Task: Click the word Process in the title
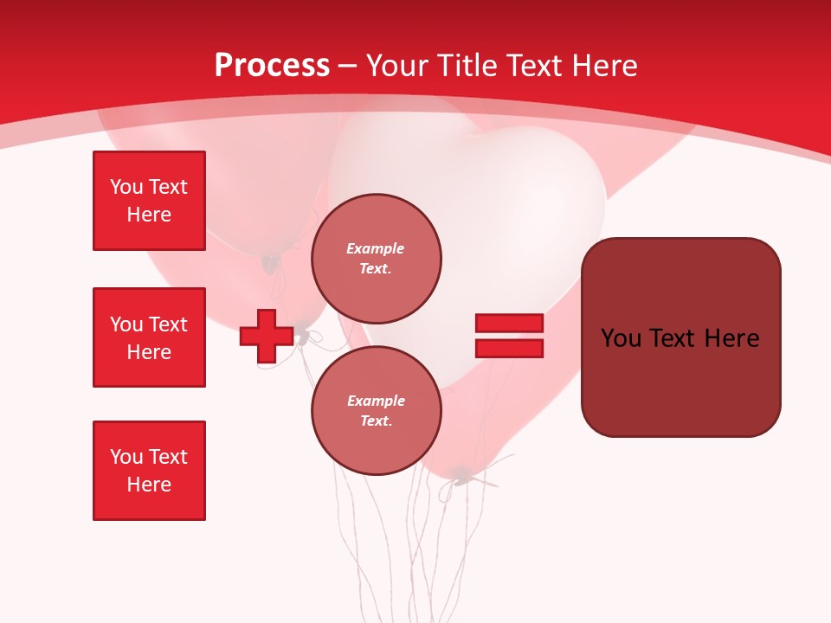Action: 272,66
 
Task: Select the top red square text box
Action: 149,201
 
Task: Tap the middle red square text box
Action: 149,337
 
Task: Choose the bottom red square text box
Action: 149,471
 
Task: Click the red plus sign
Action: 267,337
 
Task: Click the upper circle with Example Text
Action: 376,259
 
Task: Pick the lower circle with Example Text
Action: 376,411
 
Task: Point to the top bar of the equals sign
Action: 509,323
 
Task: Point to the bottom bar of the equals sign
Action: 509,349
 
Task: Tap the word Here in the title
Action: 604,66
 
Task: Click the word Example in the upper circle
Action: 376,248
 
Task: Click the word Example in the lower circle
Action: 376,401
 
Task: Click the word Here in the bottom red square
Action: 149,485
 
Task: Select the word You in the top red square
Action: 126,187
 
